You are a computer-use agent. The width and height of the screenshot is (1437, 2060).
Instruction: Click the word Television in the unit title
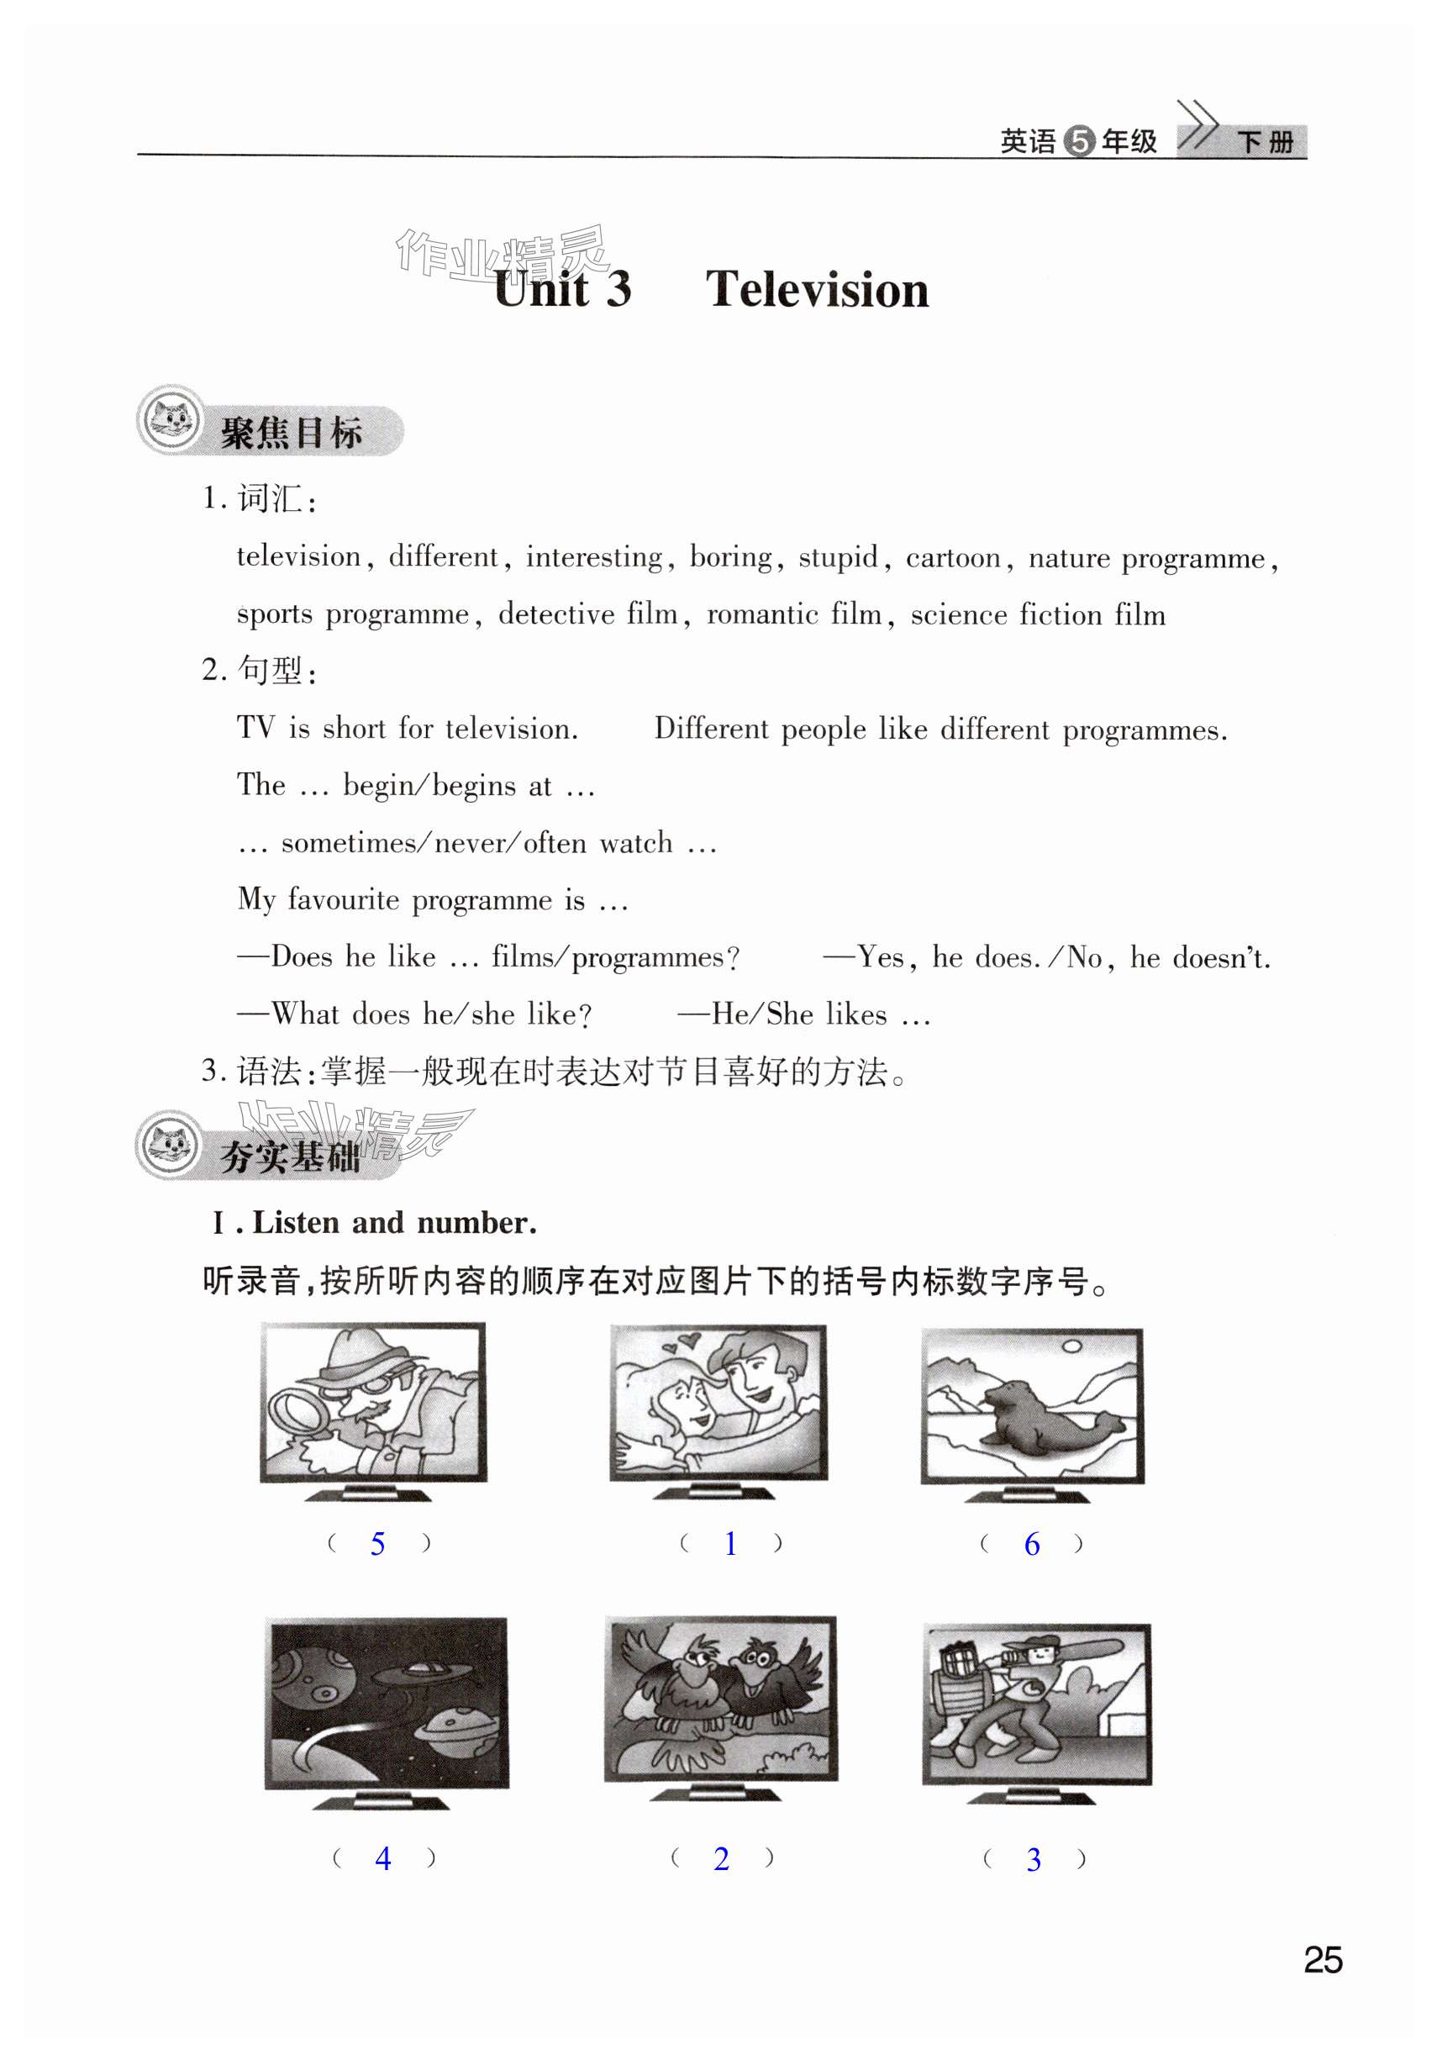coord(816,290)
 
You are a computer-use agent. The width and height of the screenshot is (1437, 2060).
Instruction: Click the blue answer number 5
coord(377,1544)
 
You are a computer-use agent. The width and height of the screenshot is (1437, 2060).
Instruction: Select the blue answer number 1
coord(730,1543)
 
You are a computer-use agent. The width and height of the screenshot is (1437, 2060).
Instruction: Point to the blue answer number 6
coord(1032,1544)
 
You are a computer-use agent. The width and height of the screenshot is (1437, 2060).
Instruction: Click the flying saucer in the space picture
coord(413,1671)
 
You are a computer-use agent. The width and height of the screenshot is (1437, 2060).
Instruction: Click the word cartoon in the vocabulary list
coord(953,558)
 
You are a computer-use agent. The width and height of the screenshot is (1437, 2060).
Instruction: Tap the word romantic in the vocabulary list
coord(761,614)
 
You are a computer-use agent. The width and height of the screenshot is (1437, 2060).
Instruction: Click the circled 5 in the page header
coord(1079,142)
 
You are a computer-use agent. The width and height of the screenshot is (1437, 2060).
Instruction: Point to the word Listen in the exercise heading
coord(295,1223)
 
